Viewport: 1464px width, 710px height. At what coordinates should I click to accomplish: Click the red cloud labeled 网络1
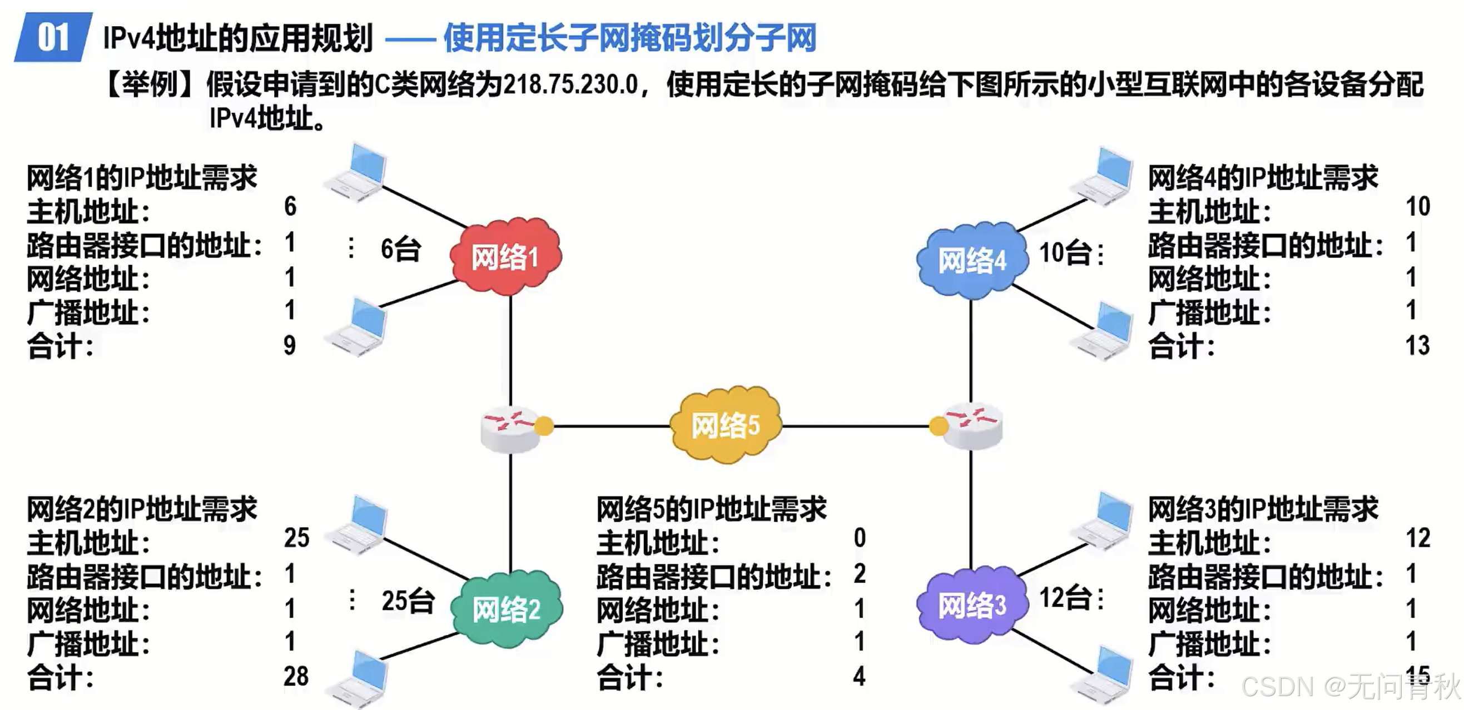(505, 257)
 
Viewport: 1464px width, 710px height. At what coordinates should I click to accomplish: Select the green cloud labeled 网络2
(507, 609)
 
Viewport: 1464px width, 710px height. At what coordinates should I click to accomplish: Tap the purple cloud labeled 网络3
(972, 605)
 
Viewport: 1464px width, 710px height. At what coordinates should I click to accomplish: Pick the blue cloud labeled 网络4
(972, 261)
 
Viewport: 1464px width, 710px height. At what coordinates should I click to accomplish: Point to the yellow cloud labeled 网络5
(726, 425)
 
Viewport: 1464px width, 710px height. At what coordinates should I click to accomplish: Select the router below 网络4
(972, 426)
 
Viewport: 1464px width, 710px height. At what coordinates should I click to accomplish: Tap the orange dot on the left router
(544, 426)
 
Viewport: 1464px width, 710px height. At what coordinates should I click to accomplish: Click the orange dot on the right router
(938, 426)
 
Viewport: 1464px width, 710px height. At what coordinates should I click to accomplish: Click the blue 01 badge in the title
(53, 37)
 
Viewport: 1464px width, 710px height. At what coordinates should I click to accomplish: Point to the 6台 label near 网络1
(400, 250)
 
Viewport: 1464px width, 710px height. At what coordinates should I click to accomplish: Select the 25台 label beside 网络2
(408, 601)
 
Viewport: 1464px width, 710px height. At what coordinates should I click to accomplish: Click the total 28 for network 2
(296, 677)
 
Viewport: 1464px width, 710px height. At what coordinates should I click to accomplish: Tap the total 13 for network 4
(1417, 346)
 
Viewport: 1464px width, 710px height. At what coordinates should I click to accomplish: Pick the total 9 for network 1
(290, 346)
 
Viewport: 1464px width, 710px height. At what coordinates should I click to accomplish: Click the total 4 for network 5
(859, 677)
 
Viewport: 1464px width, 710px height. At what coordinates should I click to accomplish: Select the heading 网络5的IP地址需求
(711, 509)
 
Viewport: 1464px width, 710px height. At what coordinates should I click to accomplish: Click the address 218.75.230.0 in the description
(570, 85)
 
